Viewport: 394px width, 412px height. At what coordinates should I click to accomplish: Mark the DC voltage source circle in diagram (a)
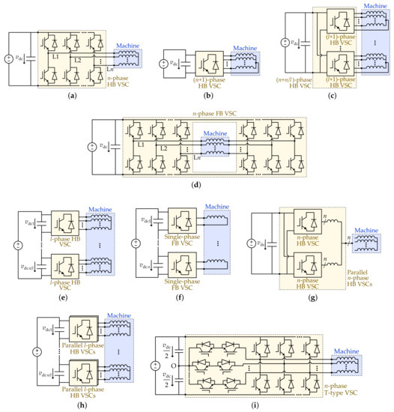point(10,59)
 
